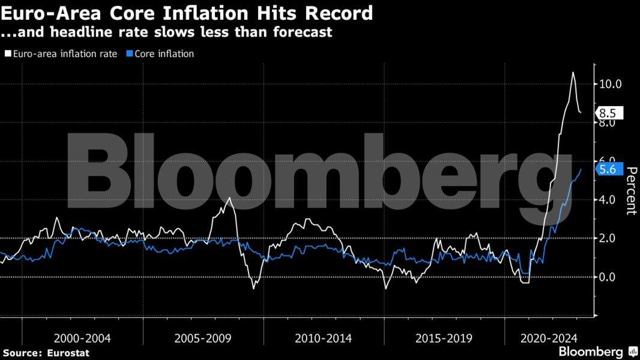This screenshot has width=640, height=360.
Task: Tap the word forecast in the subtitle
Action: pos(302,32)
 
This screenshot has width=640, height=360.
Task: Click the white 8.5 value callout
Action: pos(609,112)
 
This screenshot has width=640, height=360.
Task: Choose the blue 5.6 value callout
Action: pos(609,170)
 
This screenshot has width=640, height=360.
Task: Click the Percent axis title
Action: pos(631,191)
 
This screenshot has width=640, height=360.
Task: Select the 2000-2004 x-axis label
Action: pos(82,338)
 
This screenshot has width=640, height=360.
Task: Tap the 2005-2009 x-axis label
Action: pos(203,338)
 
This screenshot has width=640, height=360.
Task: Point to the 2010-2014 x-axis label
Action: pos(324,338)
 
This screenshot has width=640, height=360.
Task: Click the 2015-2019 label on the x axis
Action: pos(444,338)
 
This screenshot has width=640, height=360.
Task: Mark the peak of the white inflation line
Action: pos(573,73)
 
